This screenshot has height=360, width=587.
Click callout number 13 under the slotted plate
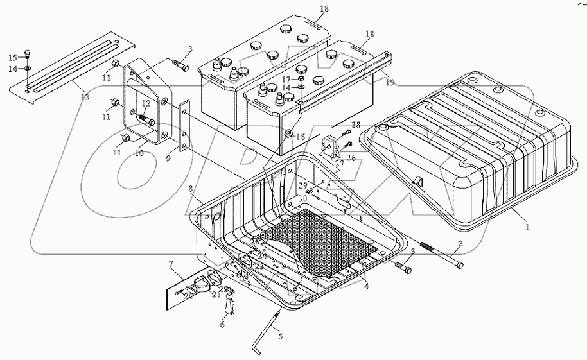click(x=85, y=97)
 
